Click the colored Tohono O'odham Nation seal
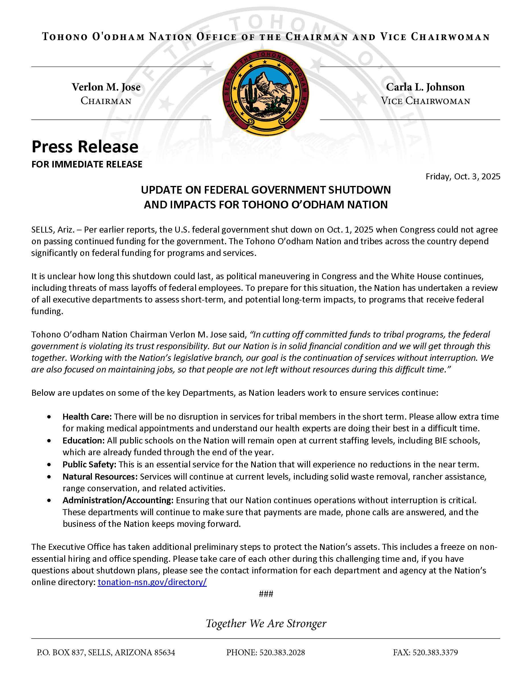click(x=266, y=93)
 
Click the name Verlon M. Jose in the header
click(x=106, y=87)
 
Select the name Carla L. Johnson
click(x=425, y=87)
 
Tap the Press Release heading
click(x=85, y=147)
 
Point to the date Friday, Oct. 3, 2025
click(x=463, y=177)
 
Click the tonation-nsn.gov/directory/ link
click(x=152, y=582)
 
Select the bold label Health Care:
click(x=87, y=416)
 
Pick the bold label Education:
click(x=84, y=440)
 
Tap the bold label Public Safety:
click(x=90, y=464)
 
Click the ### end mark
click(x=266, y=594)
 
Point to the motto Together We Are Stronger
click(x=266, y=623)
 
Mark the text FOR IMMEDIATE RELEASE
click(x=87, y=164)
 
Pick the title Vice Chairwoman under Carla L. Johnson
click(x=425, y=101)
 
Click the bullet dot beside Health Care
click(x=49, y=417)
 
